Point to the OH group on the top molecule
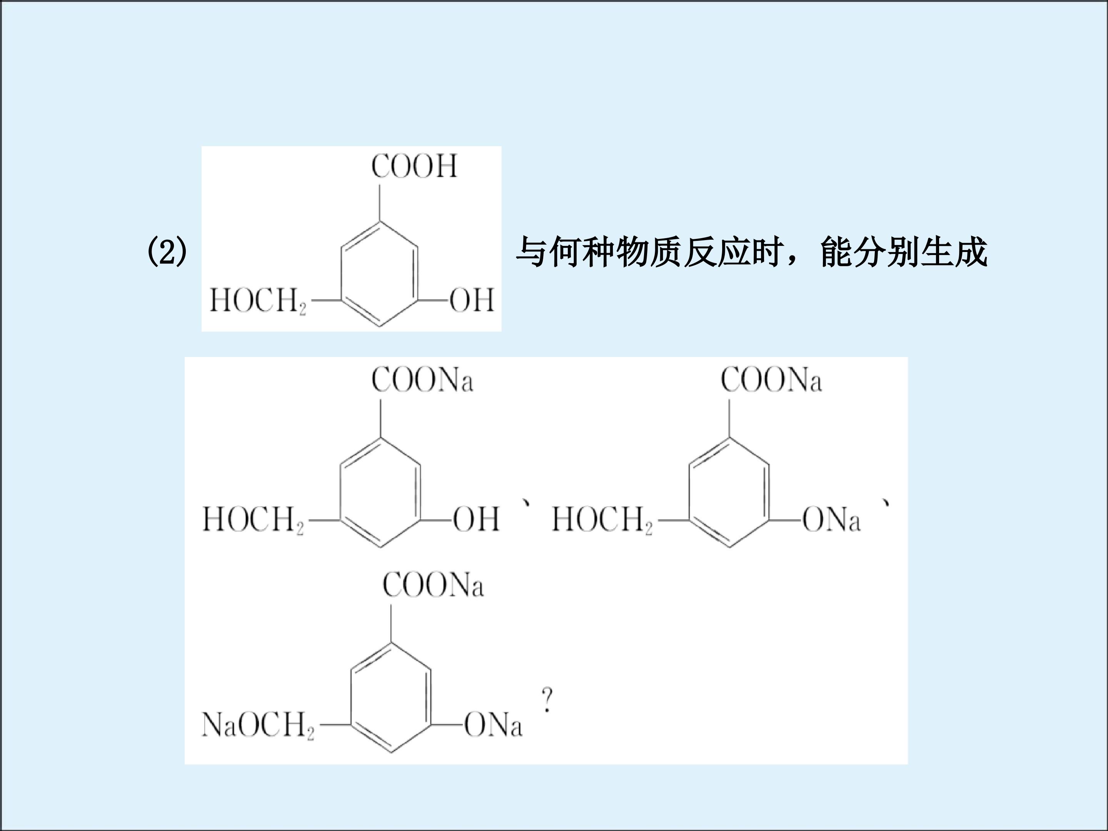coord(472,300)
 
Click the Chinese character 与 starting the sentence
coord(531,252)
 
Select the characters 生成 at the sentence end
coord(954,252)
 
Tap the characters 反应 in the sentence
coord(716,252)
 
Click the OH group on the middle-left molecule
coord(476,519)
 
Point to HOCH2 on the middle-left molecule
coord(253,519)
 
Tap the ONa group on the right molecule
coord(831,519)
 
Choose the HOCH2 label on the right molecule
coord(602,519)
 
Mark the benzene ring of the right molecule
coord(690,492)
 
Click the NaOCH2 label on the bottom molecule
coord(258,725)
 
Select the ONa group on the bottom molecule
coord(493,724)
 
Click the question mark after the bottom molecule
coord(547,700)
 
